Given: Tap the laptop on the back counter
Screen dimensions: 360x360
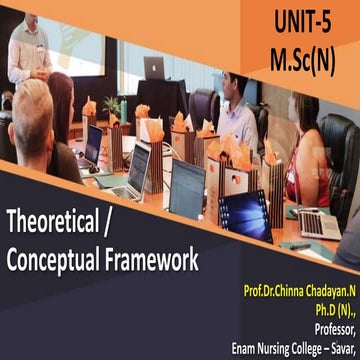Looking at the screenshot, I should coord(154,68).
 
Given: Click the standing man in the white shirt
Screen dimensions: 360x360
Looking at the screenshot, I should coord(28,50).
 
